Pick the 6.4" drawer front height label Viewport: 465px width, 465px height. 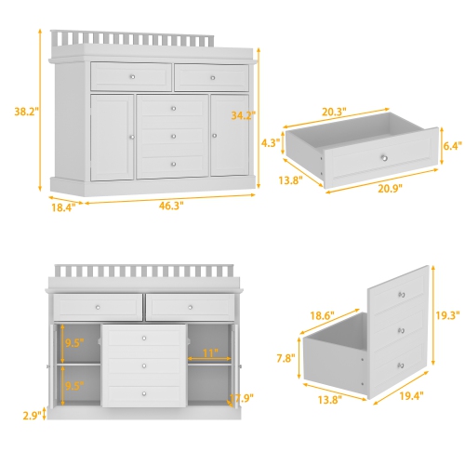(x=451, y=146)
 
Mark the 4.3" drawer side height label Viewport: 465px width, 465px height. (x=271, y=143)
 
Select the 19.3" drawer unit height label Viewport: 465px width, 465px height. (x=447, y=315)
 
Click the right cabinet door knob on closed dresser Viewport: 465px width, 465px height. (x=216, y=137)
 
